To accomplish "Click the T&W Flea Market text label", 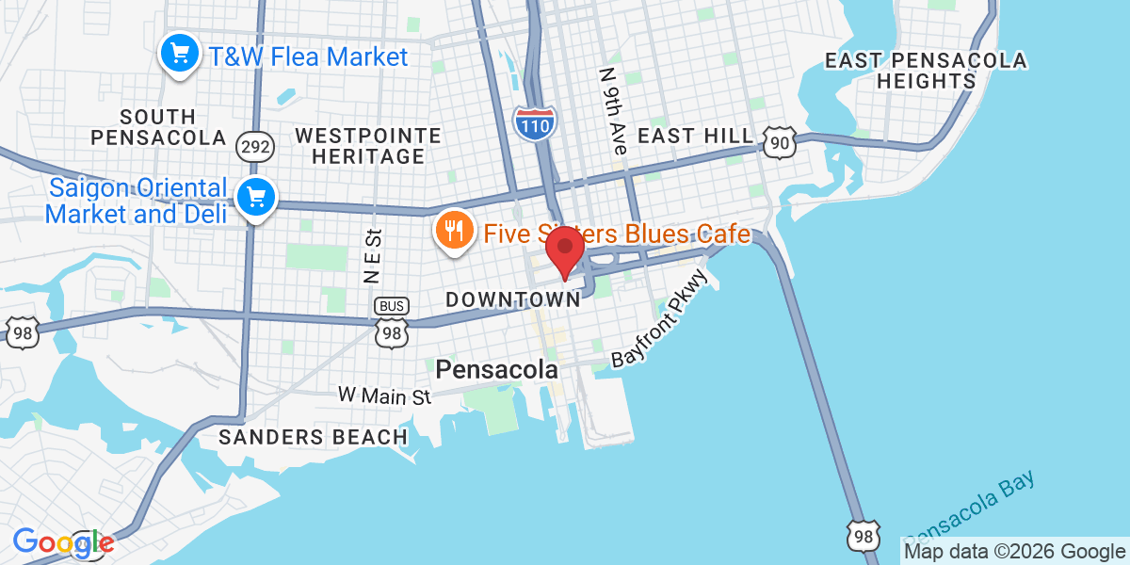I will coord(308,56).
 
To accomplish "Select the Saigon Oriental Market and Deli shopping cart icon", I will coord(255,198).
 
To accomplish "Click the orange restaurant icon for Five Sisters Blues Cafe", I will coord(453,229).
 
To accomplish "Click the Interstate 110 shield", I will coord(535,123).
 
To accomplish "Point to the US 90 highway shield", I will coord(781,142).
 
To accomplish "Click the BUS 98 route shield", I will coord(392,323).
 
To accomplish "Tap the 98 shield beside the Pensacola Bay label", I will coord(864,534).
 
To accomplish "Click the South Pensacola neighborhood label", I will coord(158,127).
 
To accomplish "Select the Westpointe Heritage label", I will coord(367,146).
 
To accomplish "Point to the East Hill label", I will coord(696,136).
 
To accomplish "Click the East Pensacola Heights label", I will coord(926,71).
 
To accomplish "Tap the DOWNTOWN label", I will coord(512,299).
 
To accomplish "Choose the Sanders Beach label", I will coord(313,437).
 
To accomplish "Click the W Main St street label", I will coord(384,395).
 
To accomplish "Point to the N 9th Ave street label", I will coord(612,112).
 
